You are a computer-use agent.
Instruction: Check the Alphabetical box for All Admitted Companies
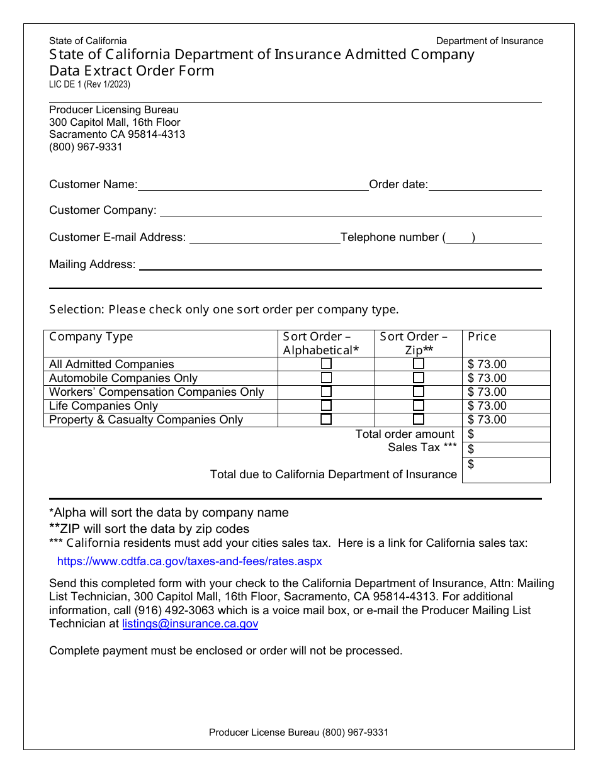click(326, 364)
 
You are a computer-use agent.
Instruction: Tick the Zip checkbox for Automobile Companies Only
click(419, 378)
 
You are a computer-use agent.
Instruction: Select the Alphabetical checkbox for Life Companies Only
click(326, 406)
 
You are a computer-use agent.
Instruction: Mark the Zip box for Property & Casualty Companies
click(419, 420)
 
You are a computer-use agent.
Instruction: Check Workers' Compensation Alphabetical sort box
click(326, 391)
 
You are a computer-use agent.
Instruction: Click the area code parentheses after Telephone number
click(459, 238)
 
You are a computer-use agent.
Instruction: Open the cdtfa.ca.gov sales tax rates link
click(189, 561)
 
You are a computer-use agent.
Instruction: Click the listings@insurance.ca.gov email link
click(190, 624)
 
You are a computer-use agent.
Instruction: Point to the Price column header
click(482, 337)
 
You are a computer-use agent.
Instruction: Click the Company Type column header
click(91, 337)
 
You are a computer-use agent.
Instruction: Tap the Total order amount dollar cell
click(506, 435)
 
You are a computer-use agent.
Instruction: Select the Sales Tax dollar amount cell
click(506, 449)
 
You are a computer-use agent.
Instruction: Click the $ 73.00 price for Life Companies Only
click(487, 406)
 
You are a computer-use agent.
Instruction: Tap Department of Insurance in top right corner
click(490, 41)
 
